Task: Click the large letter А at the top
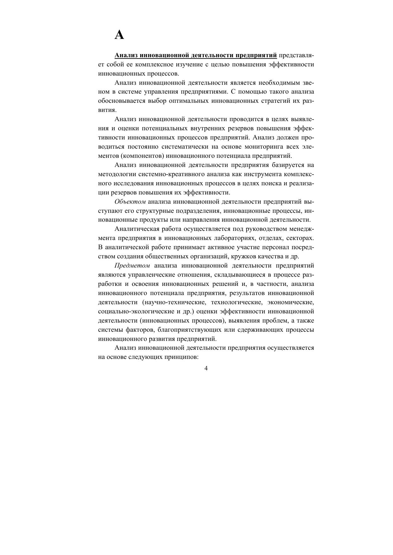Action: point(119,35)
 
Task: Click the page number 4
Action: point(206,368)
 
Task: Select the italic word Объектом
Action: point(130,202)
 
